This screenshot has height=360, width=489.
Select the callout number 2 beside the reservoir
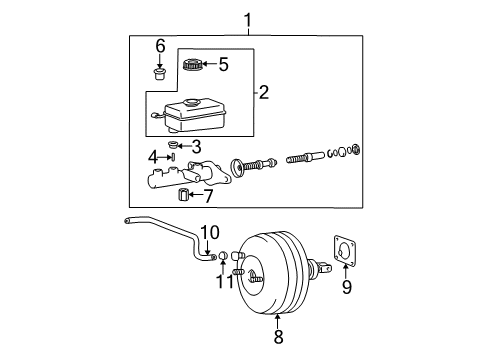point(264,94)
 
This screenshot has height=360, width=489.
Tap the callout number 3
point(197,146)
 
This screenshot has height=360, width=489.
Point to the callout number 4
point(153,156)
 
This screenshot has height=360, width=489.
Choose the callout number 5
point(223,66)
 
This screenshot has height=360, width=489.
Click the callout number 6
point(159,45)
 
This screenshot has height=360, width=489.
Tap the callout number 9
point(346,289)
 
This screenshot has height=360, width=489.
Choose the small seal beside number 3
point(173,147)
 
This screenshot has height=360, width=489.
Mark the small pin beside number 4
point(172,156)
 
